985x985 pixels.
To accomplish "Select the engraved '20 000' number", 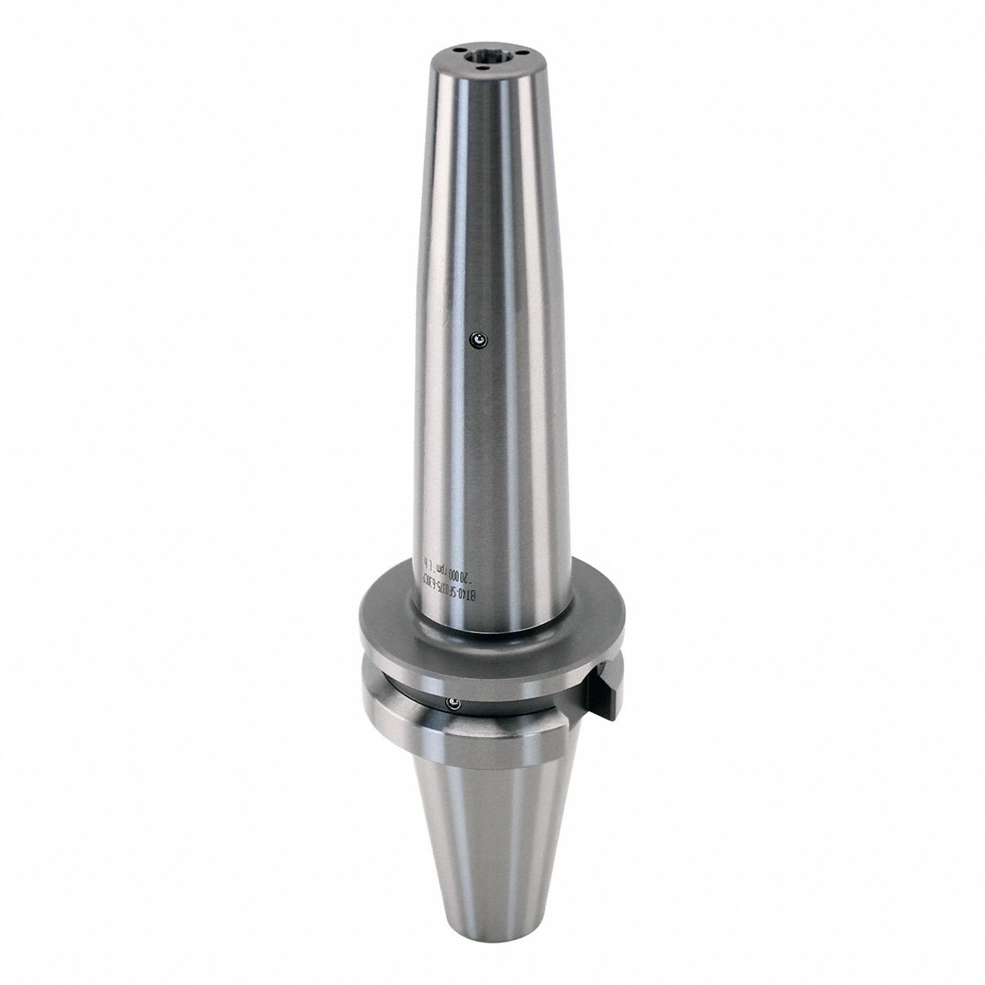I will pyautogui.click(x=477, y=574).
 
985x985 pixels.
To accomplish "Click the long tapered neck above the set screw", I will pyautogui.click(x=478, y=208).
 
